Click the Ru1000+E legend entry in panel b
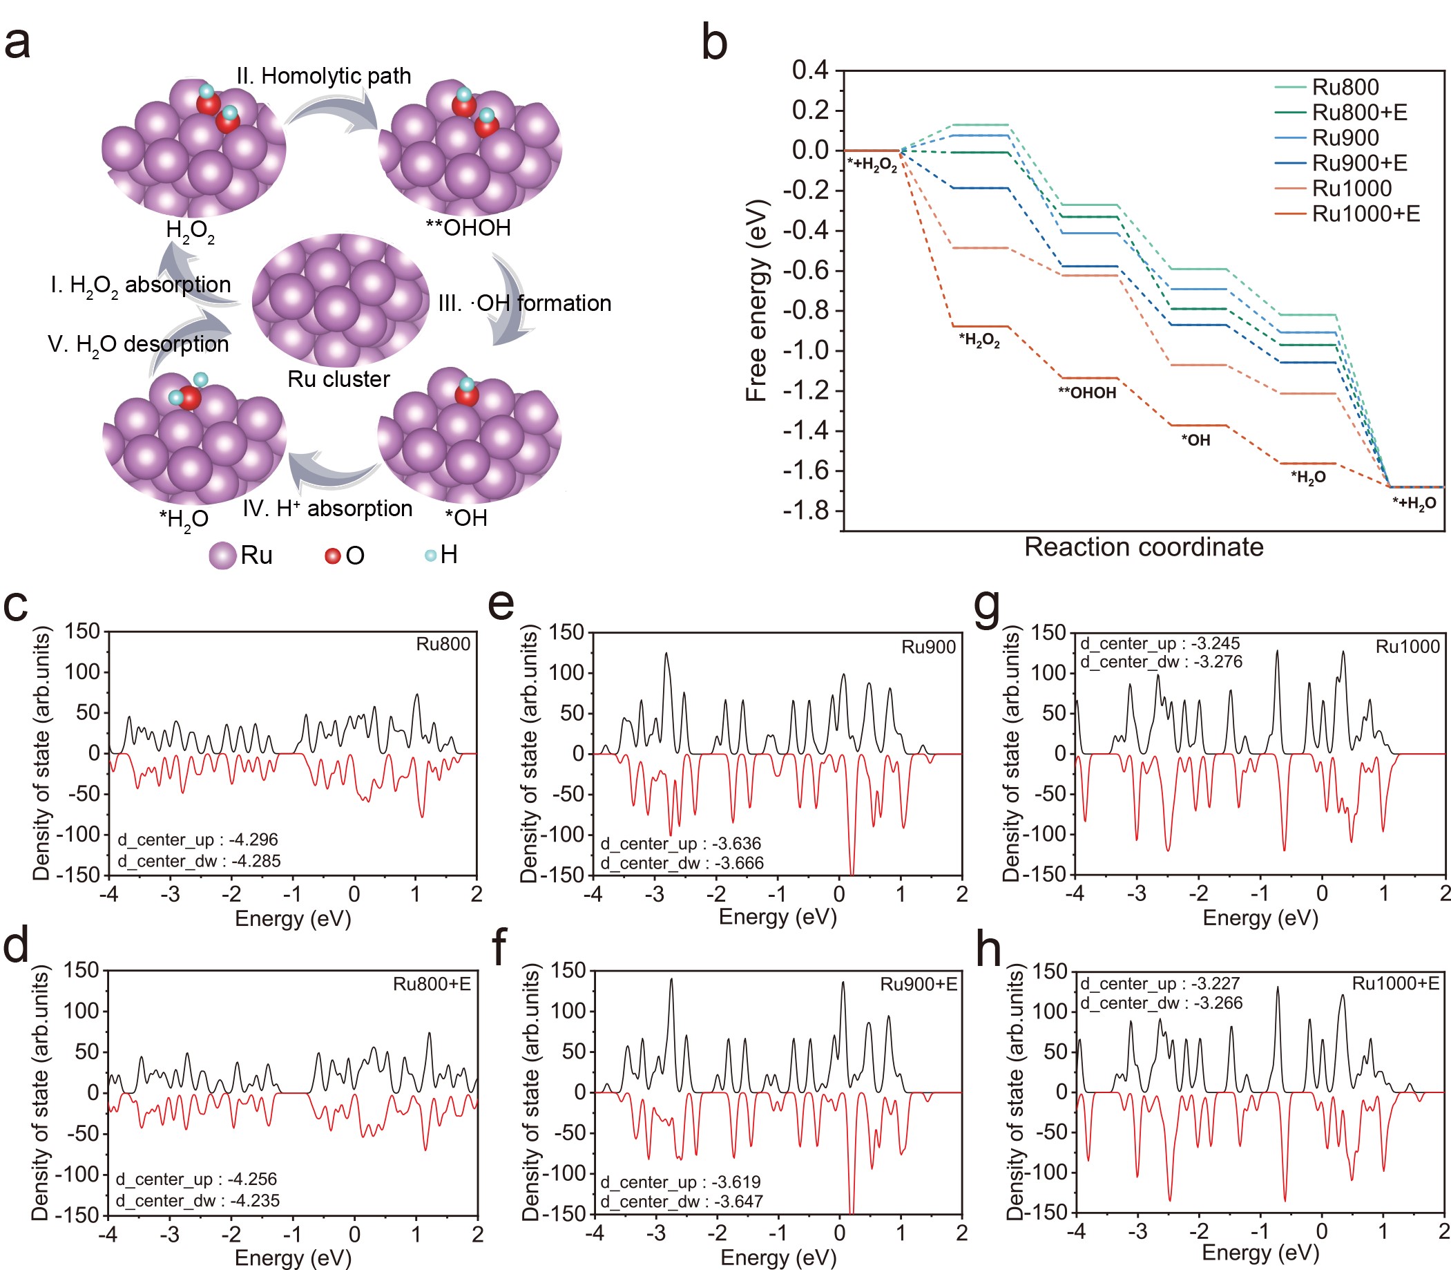click(x=1365, y=214)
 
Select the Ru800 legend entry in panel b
click(x=1345, y=87)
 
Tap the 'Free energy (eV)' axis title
click(x=757, y=301)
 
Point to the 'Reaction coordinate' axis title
click(x=1144, y=547)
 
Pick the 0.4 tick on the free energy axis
click(x=810, y=70)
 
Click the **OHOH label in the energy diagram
click(x=1087, y=393)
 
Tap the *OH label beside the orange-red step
click(x=1196, y=440)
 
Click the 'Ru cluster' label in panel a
click(x=338, y=379)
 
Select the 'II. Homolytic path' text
click(x=324, y=76)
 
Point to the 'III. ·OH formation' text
click(x=524, y=303)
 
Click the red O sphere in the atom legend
click(x=332, y=556)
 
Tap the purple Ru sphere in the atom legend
click(x=222, y=556)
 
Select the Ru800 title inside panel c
click(x=443, y=644)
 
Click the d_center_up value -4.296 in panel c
click(x=253, y=840)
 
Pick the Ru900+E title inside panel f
click(x=919, y=985)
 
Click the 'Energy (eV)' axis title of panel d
click(x=293, y=1258)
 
